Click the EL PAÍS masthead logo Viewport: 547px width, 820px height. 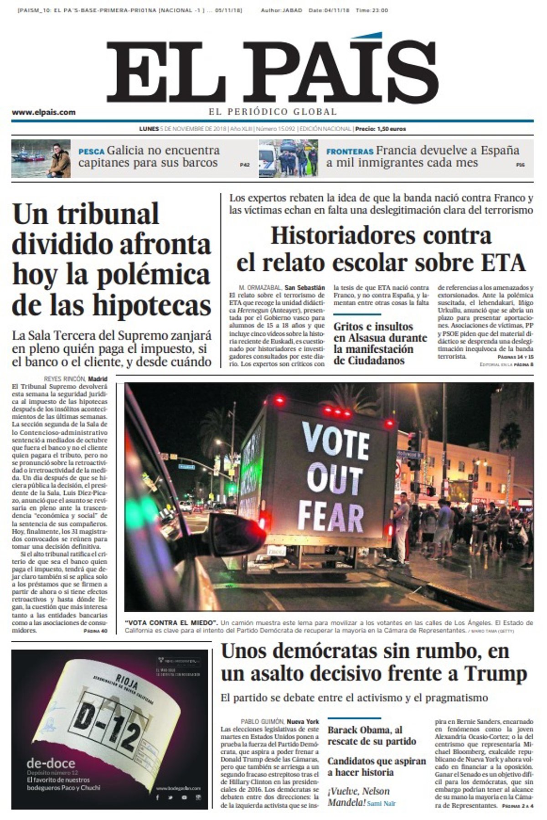point(273,68)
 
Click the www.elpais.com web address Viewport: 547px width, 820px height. point(44,112)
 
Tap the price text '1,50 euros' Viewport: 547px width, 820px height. point(391,129)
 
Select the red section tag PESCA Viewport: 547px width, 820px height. point(91,151)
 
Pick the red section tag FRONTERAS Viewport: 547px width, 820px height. point(350,151)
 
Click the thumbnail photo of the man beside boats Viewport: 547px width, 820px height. point(41,158)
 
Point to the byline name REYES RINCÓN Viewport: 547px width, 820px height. point(64,379)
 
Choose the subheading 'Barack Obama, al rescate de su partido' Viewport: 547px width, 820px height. point(372,735)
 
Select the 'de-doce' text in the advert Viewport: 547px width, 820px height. point(51,763)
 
